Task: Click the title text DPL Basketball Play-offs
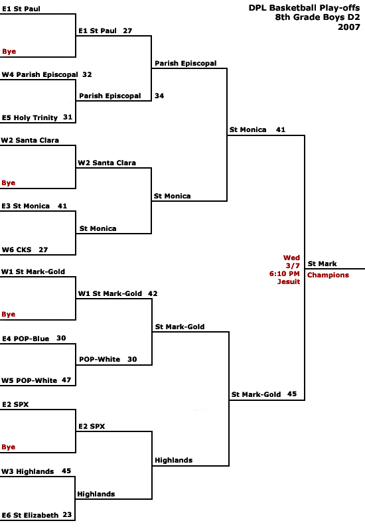304,8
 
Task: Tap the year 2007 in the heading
349,27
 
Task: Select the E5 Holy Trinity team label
30,117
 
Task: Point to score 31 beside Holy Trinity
68,117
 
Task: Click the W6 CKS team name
17,250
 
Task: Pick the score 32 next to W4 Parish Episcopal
87,74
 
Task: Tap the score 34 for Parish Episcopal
159,96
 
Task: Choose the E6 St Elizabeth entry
30,515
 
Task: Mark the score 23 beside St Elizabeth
67,514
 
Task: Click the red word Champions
328,275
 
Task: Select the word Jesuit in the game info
289,281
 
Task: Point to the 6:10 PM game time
285,273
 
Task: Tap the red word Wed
291,258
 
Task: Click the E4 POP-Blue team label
26,339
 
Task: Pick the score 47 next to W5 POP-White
66,380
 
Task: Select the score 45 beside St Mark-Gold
292,394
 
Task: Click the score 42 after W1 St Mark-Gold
153,293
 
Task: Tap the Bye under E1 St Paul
9,52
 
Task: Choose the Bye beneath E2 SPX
9,447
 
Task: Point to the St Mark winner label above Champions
322,264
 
